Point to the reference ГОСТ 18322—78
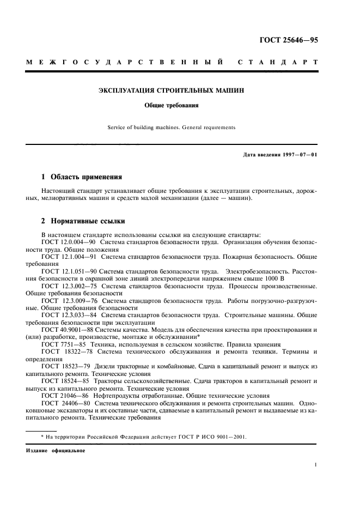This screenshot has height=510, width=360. coord(63,353)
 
